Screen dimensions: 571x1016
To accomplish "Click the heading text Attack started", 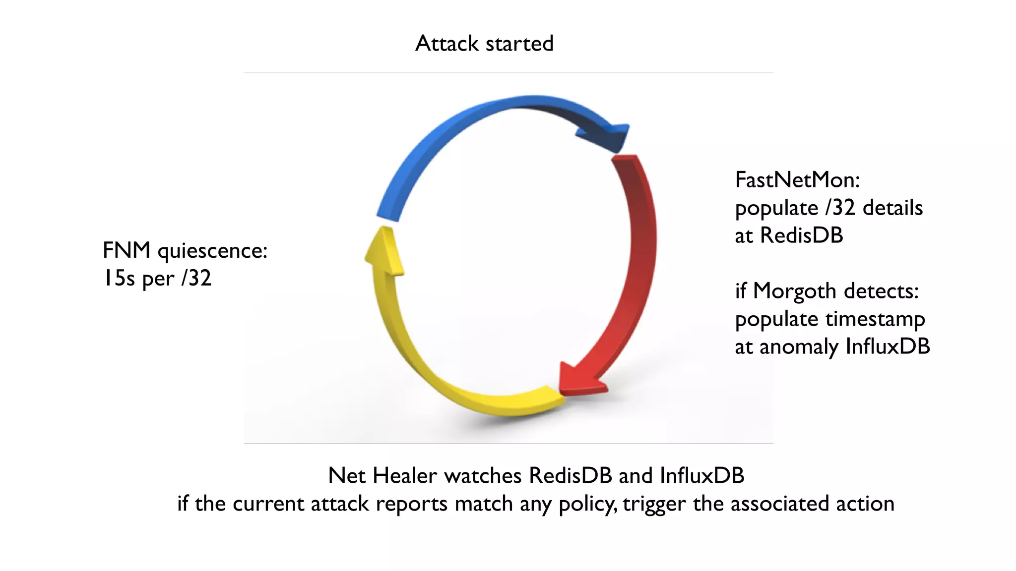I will point(484,44).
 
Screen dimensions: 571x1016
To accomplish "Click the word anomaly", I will point(799,347).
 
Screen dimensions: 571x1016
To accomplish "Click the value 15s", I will point(119,278).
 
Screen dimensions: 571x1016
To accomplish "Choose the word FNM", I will point(126,250).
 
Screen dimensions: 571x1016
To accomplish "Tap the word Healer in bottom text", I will point(404,476).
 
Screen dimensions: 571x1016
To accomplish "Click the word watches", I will point(482,476).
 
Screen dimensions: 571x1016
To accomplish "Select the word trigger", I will point(654,504).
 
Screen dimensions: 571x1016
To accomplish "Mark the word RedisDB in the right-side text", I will point(801,235).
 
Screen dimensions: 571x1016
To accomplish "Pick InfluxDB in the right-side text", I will point(887,346).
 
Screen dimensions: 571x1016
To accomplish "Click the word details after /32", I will point(892,208).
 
